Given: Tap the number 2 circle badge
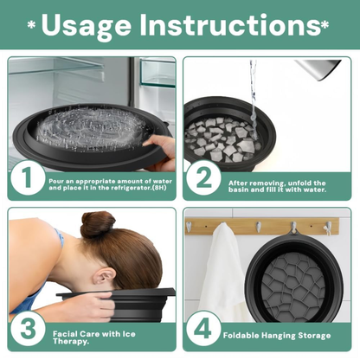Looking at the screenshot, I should pyautogui.click(x=204, y=179).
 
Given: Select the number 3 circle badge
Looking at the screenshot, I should pyautogui.click(x=27, y=330).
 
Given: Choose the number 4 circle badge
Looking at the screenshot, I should pyautogui.click(x=204, y=330).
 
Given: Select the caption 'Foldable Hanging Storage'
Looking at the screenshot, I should pyautogui.click(x=277, y=334).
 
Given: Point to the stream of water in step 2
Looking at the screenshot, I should pyautogui.click(x=250, y=95).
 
